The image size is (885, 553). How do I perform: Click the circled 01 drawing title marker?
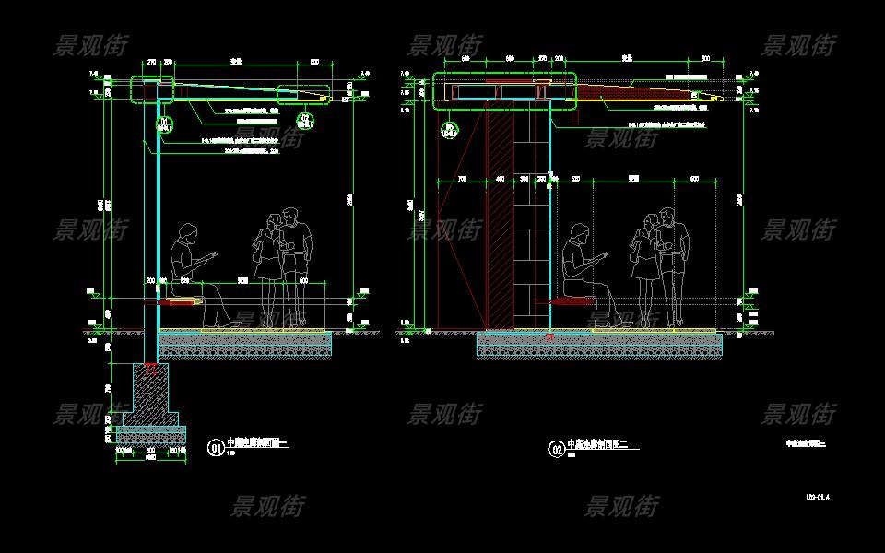(x=216, y=449)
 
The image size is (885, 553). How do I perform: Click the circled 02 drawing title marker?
(x=557, y=450)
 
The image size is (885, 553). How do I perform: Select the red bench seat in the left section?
(x=183, y=300)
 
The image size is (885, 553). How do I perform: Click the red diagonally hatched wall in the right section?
(x=498, y=221)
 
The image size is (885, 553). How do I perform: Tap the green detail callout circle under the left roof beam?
(x=165, y=123)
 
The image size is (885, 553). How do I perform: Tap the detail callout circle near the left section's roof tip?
(x=305, y=120)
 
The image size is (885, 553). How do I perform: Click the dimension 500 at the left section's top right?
(x=314, y=62)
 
